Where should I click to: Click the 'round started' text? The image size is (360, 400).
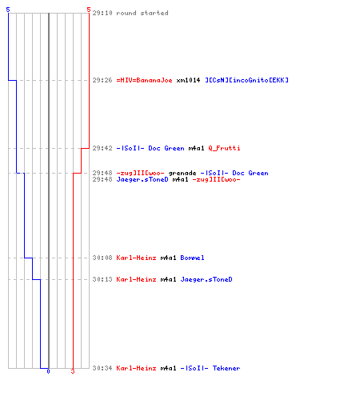point(142,13)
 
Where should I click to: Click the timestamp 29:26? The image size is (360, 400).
point(102,80)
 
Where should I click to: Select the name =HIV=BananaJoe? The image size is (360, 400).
point(144,80)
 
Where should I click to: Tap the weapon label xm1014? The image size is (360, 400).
point(188,80)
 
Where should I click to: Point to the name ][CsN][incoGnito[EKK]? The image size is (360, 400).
point(246,80)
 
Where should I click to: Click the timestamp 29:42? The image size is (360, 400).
point(102,148)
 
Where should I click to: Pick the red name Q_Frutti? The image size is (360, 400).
point(224,148)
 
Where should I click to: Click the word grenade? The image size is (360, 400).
point(182,173)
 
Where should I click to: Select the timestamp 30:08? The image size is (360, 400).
point(102,258)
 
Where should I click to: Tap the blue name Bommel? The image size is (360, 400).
point(192,258)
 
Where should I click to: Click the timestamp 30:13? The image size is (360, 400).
point(102,279)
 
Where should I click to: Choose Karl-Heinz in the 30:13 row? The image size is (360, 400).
point(136,279)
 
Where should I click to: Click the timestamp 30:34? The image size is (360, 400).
point(102,368)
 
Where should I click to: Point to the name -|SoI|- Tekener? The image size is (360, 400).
point(210,368)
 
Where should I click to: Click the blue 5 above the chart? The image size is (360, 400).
point(8,10)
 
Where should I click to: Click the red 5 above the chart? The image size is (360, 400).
point(89,10)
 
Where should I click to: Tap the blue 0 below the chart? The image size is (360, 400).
point(48,371)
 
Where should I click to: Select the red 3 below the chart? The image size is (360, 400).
point(73,371)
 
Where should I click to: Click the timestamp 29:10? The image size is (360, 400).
point(102,13)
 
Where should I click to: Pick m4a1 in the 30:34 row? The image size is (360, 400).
point(168,368)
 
